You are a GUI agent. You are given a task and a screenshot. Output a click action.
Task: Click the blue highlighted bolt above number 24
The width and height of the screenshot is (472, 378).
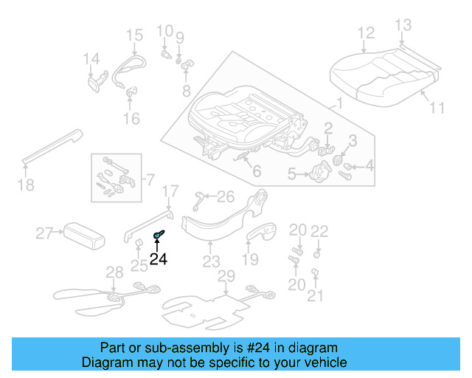(157, 236)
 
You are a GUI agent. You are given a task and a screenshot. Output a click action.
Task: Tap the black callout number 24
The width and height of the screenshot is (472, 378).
(158, 259)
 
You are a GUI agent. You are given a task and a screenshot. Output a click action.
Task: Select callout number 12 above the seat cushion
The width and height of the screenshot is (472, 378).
(366, 33)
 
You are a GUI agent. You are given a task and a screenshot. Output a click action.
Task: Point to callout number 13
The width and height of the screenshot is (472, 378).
(401, 26)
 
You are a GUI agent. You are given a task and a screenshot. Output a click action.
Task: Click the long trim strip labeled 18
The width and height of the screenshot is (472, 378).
(52, 146)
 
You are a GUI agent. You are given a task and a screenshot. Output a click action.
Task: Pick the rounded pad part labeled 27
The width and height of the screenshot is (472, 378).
(83, 235)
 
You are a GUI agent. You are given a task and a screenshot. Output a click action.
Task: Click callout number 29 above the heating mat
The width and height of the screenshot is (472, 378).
(226, 276)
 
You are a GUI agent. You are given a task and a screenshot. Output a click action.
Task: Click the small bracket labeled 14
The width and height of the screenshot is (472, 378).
(97, 80)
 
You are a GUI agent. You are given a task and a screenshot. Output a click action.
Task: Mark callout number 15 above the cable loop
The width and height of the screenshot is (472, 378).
(133, 35)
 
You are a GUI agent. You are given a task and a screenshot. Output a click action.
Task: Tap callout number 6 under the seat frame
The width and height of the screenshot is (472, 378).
(256, 172)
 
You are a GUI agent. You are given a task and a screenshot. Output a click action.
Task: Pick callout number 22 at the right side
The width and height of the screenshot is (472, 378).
(318, 232)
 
